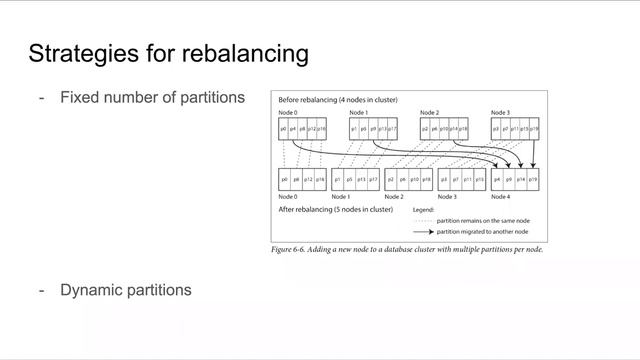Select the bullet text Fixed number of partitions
pyautogui.click(x=152, y=98)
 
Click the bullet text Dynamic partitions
pyautogui.click(x=125, y=290)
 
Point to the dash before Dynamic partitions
pyautogui.click(x=41, y=290)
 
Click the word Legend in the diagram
pyautogui.click(x=426, y=210)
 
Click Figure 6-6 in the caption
pyautogui.click(x=290, y=249)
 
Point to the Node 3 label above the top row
pyautogui.click(x=501, y=113)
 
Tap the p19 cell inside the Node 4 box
pyautogui.click(x=534, y=179)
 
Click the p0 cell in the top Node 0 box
pyautogui.click(x=284, y=130)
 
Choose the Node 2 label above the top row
pyautogui.click(x=430, y=113)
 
